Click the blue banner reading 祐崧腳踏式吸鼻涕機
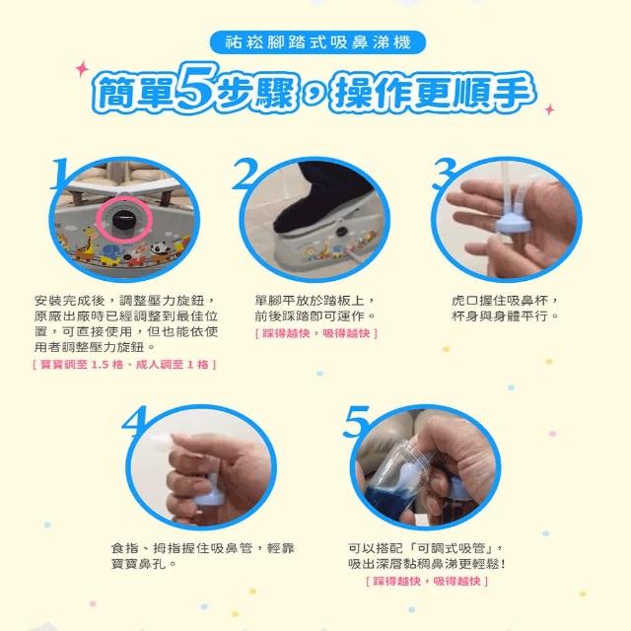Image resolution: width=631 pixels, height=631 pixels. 317,42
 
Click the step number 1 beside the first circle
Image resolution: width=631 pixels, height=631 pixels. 60,174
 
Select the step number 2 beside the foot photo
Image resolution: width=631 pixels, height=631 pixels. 245,174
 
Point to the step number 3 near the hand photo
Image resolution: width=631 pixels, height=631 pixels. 444,174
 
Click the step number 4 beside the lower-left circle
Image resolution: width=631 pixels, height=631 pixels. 135,421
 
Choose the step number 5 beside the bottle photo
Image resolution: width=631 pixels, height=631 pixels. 357,421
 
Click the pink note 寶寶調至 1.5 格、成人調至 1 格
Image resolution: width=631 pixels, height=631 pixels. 125,365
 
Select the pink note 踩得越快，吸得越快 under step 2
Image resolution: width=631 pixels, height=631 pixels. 316,333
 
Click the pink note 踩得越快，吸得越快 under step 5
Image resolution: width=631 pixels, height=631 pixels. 427,581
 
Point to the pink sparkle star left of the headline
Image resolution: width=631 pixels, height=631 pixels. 82,69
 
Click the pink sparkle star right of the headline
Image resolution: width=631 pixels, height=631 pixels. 549,109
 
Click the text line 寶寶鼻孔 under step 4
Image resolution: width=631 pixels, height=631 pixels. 138,563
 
